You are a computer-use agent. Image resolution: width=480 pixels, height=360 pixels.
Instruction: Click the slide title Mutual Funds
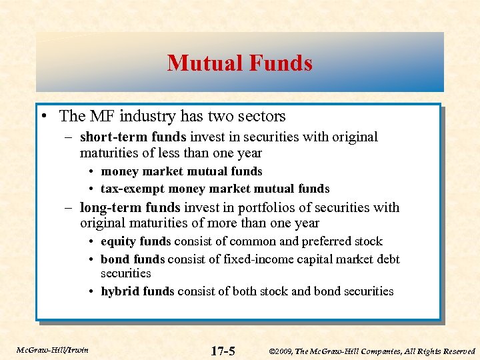(240, 63)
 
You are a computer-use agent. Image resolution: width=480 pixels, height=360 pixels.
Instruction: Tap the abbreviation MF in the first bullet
(99, 116)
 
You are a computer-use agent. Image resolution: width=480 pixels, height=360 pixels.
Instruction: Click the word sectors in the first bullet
(259, 116)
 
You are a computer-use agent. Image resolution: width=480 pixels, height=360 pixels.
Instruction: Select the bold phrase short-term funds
(133, 137)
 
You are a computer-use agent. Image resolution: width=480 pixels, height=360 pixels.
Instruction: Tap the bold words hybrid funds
(137, 291)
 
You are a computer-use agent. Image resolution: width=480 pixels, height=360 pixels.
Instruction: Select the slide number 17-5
(223, 351)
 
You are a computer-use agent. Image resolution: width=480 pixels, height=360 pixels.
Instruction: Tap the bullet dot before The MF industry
(43, 117)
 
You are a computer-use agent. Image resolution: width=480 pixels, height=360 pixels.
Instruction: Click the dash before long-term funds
(70, 207)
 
